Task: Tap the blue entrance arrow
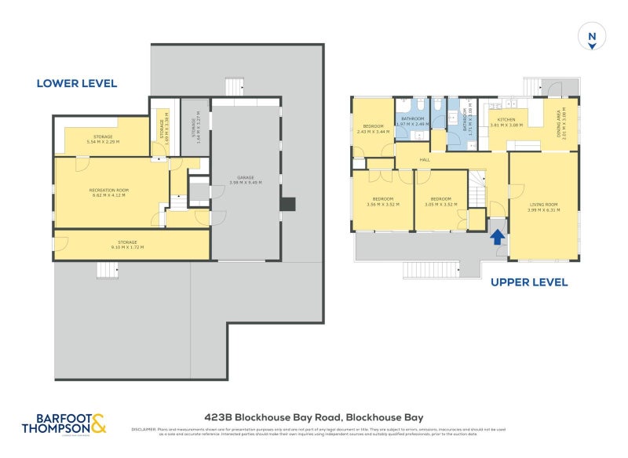pyautogui.click(x=496, y=236)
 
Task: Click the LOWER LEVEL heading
pyautogui.click(x=76, y=83)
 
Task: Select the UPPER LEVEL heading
pyautogui.click(x=529, y=282)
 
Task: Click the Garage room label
pyautogui.click(x=246, y=180)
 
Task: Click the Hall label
pyautogui.click(x=425, y=160)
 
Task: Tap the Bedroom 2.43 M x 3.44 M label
pyautogui.click(x=372, y=129)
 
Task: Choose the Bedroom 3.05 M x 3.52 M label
pyautogui.click(x=440, y=202)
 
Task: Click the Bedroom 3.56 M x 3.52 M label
pyautogui.click(x=382, y=202)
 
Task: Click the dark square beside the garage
pyautogui.click(x=288, y=204)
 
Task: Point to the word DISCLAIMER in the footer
pyautogui.click(x=144, y=430)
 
